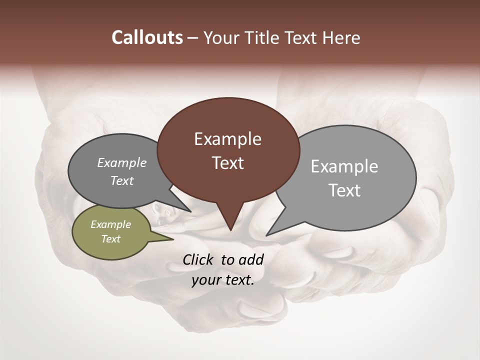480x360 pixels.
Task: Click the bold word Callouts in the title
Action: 147,37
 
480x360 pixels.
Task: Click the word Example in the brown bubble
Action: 227,139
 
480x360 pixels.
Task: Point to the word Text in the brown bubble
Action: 227,163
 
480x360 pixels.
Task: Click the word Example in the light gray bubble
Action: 344,166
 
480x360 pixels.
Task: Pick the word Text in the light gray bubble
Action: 344,190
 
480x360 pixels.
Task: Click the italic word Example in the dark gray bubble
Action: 121,163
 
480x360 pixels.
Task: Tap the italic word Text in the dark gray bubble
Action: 121,181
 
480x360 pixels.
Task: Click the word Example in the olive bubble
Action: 110,224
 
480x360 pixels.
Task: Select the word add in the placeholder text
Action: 251,259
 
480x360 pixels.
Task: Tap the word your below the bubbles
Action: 206,280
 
